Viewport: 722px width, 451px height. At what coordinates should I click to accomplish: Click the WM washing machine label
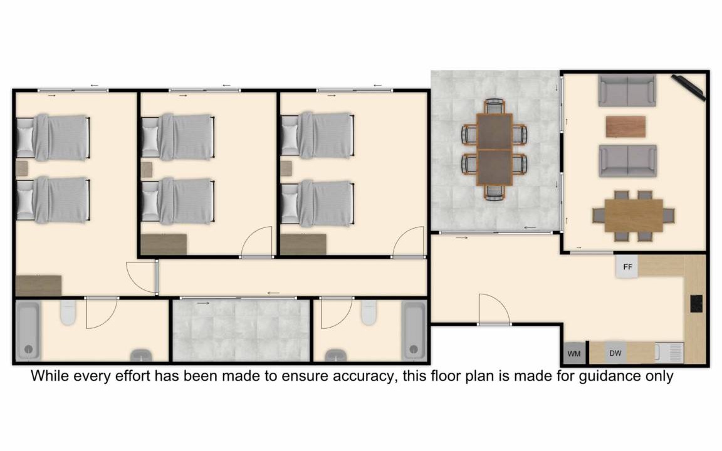coord(573,353)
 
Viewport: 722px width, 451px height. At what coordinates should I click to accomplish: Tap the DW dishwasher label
coord(615,353)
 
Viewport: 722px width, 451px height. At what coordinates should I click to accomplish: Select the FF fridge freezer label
coord(627,267)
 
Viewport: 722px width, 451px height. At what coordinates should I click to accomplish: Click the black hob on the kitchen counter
coord(696,304)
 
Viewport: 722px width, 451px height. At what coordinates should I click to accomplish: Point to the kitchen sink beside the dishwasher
coord(669,353)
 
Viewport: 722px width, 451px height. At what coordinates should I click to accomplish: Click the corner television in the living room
coord(688,87)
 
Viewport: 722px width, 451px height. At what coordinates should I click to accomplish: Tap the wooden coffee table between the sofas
coord(625,127)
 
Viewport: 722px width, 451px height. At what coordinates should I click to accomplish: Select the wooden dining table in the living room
coord(634,215)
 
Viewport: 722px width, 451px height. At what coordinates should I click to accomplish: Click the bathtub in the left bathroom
coord(28,331)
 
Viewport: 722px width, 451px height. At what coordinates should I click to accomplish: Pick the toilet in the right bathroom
coord(369,313)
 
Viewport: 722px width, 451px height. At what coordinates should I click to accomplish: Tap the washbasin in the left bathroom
coord(141,355)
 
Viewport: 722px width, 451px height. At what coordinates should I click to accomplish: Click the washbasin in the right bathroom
coord(336,355)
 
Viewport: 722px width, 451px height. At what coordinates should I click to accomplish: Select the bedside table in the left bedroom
coord(22,168)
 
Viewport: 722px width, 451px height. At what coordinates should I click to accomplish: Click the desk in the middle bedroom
coord(164,244)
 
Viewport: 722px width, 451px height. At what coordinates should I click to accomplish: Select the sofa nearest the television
coord(627,90)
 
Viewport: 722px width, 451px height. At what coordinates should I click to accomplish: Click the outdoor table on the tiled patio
coord(494,150)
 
